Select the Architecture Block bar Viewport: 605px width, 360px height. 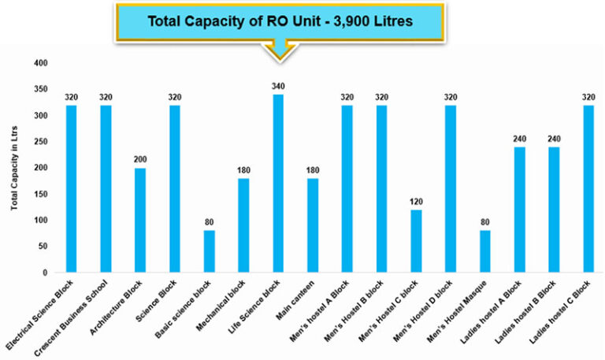(x=140, y=220)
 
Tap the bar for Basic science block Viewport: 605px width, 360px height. (x=209, y=251)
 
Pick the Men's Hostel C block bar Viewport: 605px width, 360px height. (x=416, y=241)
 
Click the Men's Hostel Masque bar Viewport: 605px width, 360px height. (x=484, y=251)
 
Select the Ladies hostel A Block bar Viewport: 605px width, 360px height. (x=519, y=210)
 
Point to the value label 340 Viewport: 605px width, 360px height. (x=278, y=87)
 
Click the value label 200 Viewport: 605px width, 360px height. (x=140, y=160)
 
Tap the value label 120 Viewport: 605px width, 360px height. (x=416, y=202)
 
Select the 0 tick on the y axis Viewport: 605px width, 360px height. (x=46, y=273)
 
